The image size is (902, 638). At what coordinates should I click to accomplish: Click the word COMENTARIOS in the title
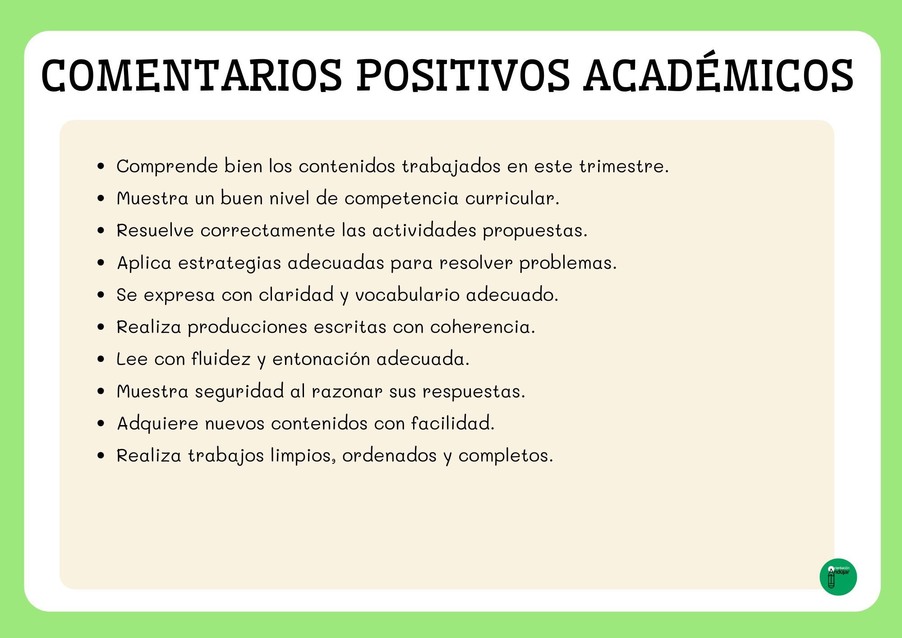click(x=192, y=75)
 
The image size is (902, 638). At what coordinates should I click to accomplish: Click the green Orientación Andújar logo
click(x=838, y=577)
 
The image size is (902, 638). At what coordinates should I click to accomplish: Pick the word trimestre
click(x=624, y=166)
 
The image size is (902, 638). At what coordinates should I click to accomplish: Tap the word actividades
click(x=424, y=230)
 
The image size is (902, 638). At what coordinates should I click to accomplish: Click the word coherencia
click(x=483, y=327)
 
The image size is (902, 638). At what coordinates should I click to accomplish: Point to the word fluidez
click(x=221, y=359)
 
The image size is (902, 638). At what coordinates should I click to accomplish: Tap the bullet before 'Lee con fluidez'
click(x=101, y=359)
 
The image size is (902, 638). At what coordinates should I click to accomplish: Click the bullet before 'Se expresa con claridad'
click(x=101, y=295)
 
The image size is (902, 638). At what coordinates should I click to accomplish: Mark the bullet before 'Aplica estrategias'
click(x=101, y=263)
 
